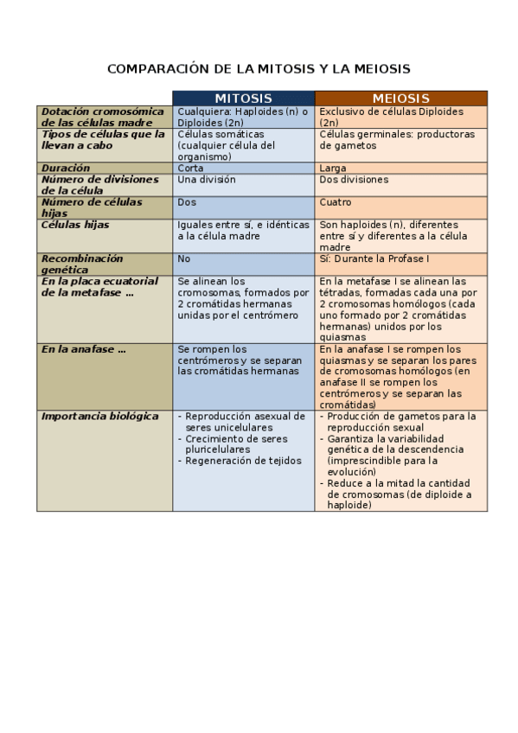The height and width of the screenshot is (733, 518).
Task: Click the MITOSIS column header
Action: click(243, 99)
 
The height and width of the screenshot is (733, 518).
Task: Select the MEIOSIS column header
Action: click(400, 99)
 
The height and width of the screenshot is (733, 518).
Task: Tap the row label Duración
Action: click(67, 169)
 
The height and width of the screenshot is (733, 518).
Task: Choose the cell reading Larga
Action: click(333, 169)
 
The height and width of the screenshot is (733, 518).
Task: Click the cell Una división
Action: click(206, 180)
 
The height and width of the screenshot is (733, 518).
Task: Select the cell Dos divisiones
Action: click(354, 180)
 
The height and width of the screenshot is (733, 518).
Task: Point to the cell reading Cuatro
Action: click(336, 202)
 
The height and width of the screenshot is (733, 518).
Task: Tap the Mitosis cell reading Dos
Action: click(187, 202)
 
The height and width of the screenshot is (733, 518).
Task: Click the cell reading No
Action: click(183, 258)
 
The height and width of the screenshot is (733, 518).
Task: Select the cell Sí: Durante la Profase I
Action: click(374, 258)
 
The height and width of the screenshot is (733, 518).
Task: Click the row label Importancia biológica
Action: click(100, 416)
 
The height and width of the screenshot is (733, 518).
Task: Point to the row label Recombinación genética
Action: click(82, 264)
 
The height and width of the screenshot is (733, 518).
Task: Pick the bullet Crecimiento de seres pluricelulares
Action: click(244, 444)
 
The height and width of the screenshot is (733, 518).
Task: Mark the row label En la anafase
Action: click(84, 348)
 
